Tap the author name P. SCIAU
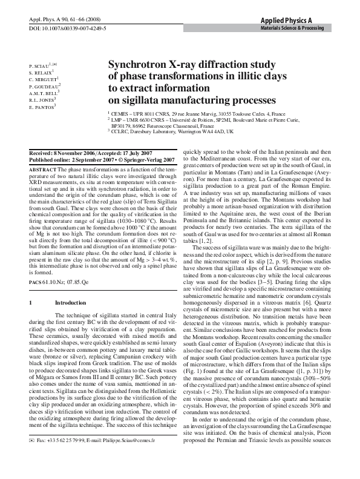pos(41,64)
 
